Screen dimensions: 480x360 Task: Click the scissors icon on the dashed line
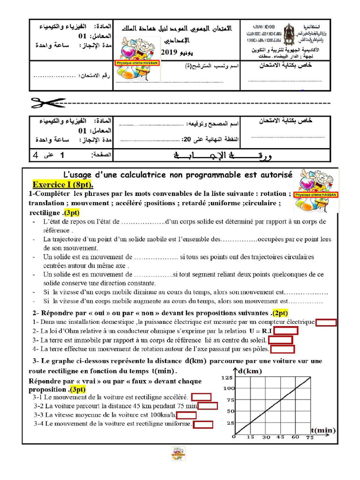48,102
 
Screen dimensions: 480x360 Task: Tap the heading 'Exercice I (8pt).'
63,184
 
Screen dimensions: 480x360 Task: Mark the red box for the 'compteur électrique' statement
326,322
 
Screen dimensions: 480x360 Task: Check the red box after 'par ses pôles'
282,349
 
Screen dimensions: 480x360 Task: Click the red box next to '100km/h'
187,415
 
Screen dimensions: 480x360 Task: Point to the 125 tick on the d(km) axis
227,377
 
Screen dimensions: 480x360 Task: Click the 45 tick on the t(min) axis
280,437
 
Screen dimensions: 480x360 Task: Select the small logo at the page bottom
178,453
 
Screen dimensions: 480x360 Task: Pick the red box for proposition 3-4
203,424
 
